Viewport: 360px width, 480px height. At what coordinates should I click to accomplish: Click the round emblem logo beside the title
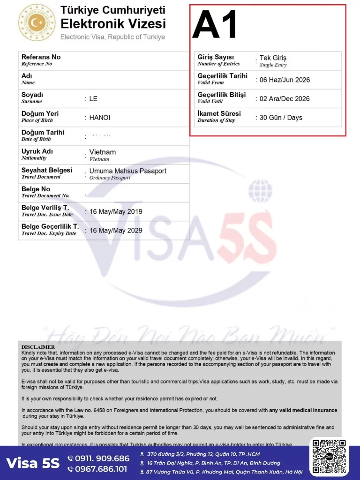tap(37, 22)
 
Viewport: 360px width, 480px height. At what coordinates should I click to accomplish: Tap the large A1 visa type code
tap(215, 25)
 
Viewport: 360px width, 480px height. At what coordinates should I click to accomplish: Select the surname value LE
tap(93, 99)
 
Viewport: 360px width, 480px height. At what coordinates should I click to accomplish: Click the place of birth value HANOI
tap(100, 118)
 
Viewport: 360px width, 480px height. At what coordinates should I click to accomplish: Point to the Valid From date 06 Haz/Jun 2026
tap(285, 80)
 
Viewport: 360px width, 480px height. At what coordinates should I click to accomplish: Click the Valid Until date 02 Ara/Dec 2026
tap(285, 99)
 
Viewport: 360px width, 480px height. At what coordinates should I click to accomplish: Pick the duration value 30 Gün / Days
tap(281, 118)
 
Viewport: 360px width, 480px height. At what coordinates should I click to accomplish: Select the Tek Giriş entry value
tap(273, 58)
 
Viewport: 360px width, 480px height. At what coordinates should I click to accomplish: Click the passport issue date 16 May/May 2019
tap(116, 212)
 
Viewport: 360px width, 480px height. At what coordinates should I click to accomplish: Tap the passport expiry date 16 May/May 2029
tap(116, 231)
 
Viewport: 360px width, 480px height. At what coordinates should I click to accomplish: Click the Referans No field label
tap(41, 57)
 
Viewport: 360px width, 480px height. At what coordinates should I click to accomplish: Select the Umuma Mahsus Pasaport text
tap(127, 171)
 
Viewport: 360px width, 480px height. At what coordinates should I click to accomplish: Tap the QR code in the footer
tap(329, 457)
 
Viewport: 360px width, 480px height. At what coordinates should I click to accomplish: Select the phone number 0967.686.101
tap(102, 469)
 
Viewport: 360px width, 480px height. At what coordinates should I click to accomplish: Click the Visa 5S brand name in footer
tap(33, 463)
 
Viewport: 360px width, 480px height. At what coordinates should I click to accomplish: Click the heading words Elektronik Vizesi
tap(113, 23)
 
